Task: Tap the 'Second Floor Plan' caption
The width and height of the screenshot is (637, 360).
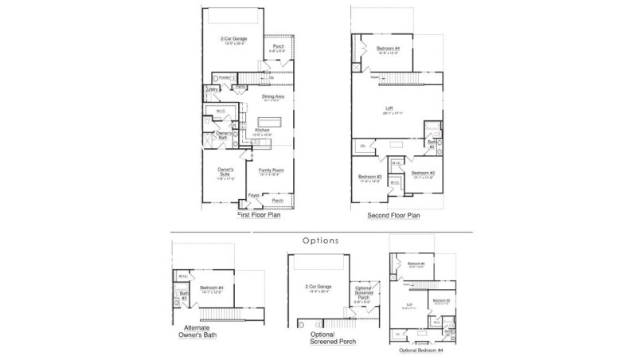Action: point(393,215)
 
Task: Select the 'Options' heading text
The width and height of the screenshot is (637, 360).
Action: point(321,240)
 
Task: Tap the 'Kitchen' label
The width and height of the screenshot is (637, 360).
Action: point(263,130)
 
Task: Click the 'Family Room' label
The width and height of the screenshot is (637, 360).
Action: point(272,170)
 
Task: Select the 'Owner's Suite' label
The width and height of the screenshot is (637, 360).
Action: point(225,170)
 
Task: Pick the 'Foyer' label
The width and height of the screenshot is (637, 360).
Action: point(254,194)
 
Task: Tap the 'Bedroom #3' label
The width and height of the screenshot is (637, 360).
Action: point(370,176)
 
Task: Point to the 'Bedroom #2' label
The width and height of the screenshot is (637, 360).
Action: point(422,173)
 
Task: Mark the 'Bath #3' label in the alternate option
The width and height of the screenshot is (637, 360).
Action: point(183,295)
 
